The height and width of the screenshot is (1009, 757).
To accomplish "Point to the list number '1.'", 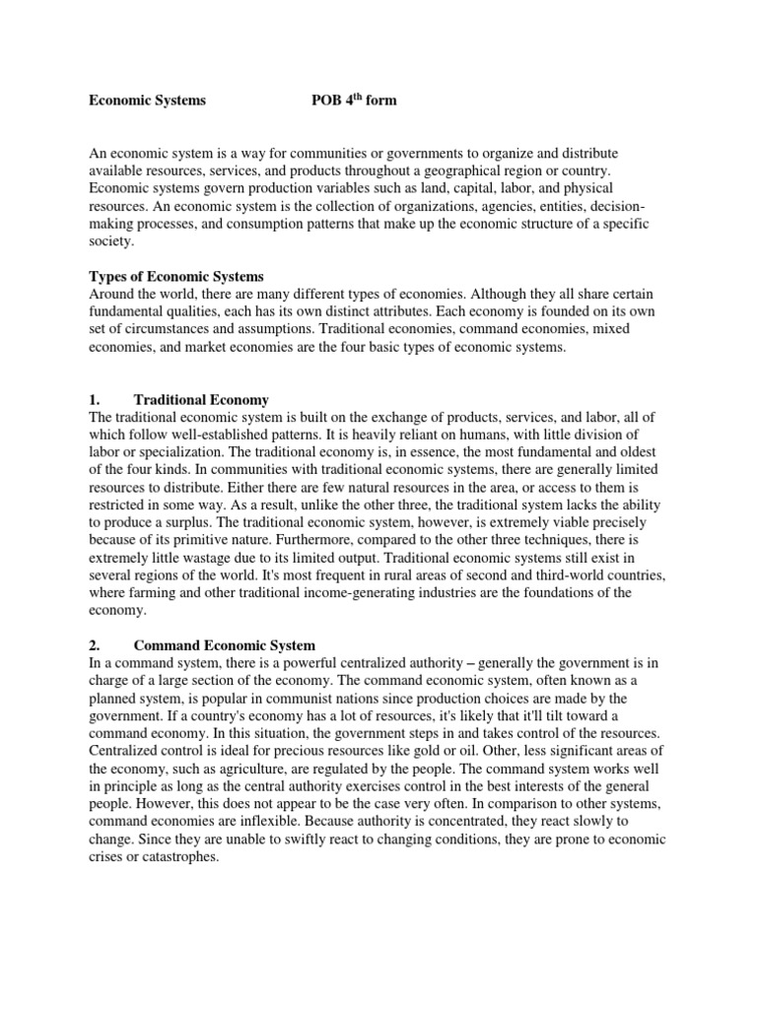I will tap(96, 400).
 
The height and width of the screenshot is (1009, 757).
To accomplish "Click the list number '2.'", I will tap(96, 646).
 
